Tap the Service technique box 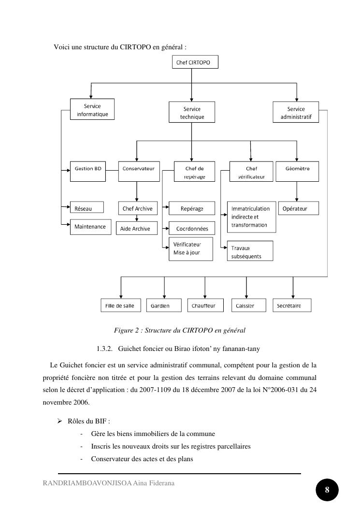[191, 113]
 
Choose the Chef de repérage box [195, 172]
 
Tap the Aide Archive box [135, 229]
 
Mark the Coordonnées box [192, 229]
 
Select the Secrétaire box [292, 305]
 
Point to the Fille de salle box [120, 305]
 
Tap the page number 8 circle [327, 490]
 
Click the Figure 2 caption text [179, 331]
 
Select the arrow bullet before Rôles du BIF [59, 421]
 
